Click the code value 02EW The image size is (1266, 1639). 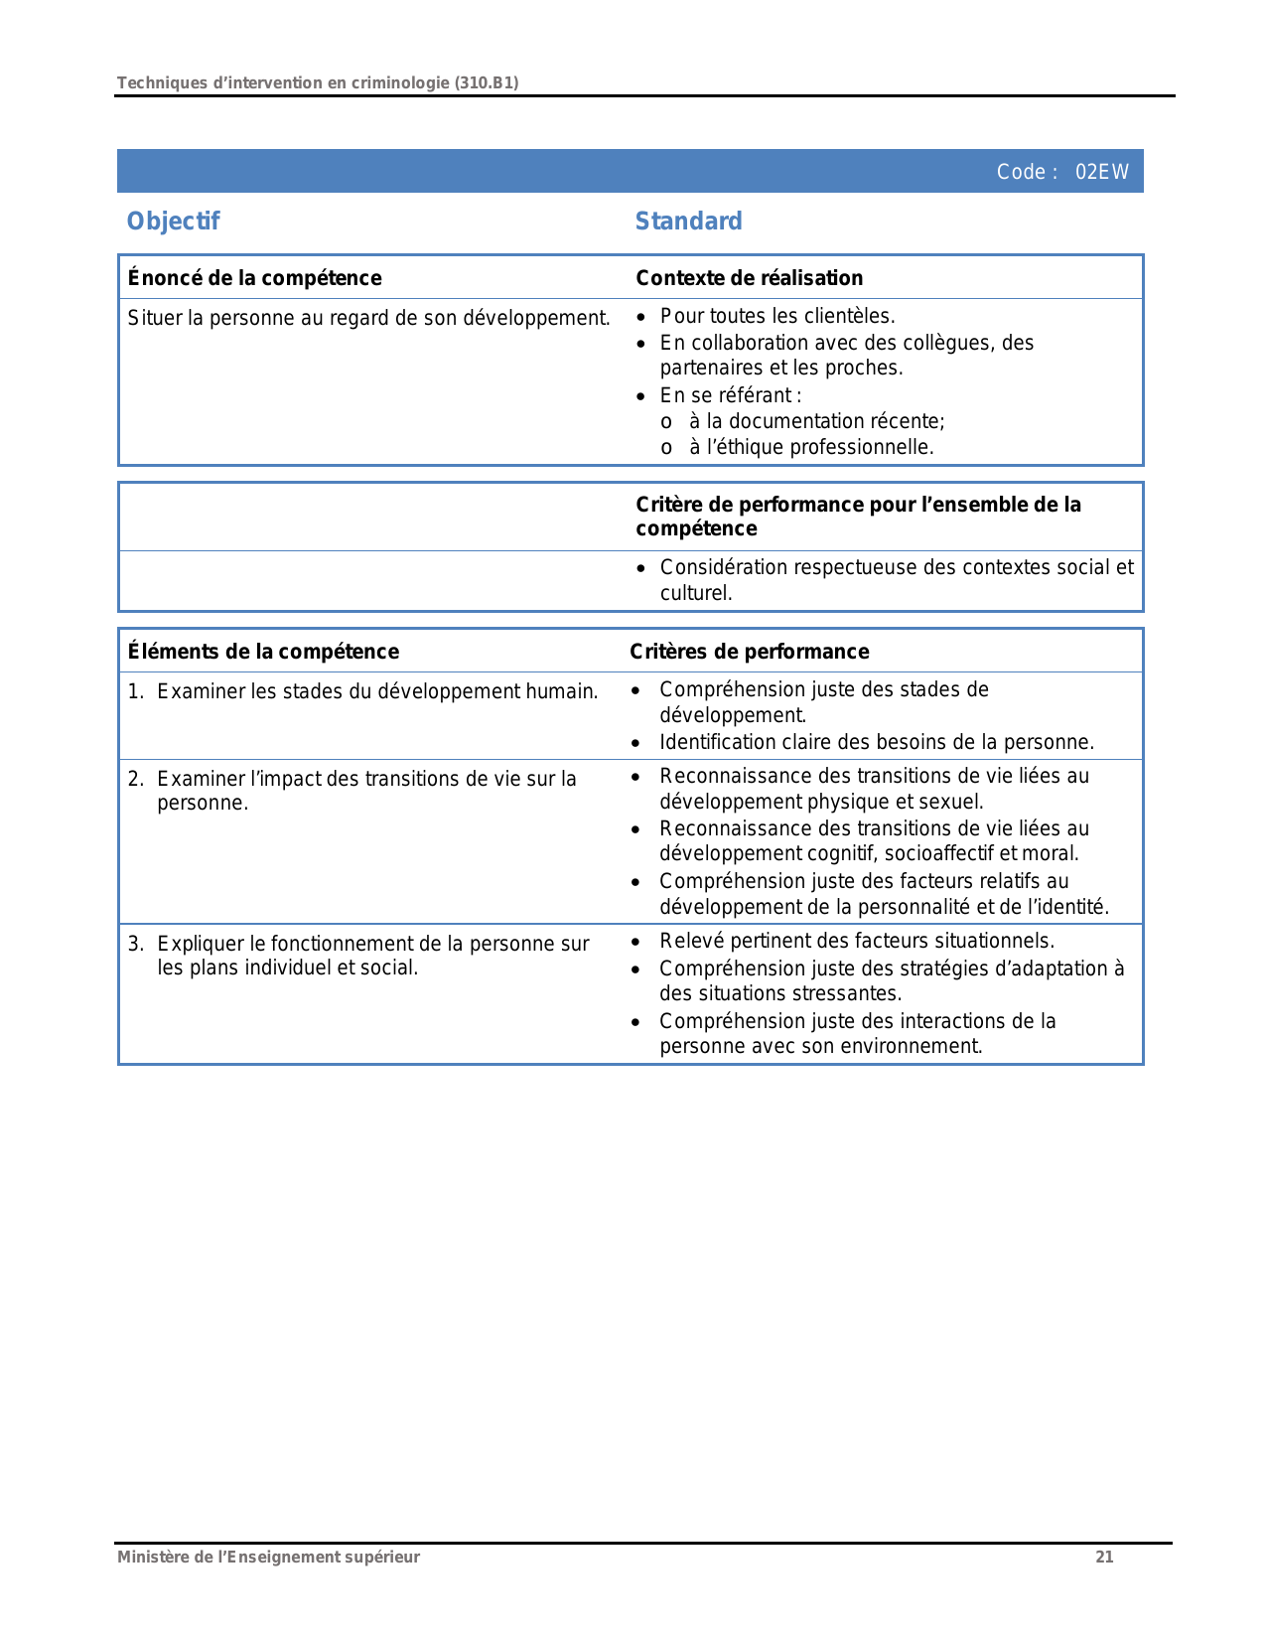point(1101,172)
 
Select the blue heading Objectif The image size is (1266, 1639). point(173,221)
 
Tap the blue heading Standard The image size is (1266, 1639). point(688,221)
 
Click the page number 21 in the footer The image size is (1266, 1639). point(1104,1557)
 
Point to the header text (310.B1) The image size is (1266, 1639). point(487,82)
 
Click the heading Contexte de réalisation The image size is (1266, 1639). point(749,278)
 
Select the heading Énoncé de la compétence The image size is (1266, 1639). point(254,278)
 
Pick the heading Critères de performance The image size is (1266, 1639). point(749,652)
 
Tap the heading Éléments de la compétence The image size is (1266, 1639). point(263,652)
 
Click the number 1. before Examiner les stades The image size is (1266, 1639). point(135,691)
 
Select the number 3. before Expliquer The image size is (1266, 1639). point(135,944)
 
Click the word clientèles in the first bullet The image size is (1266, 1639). point(850,316)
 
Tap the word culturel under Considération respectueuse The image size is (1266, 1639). point(694,593)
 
